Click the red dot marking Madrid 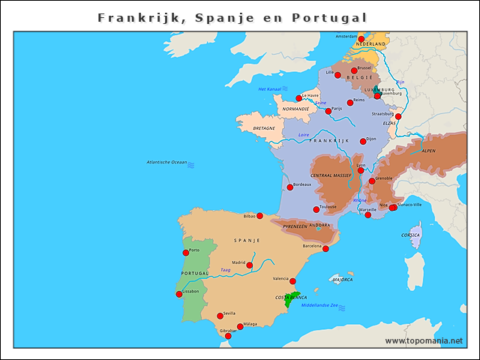[x=250, y=265]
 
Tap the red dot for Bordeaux [x=290, y=187]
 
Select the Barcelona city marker [x=325, y=248]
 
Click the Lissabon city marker [x=178, y=294]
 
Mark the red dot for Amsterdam [x=361, y=38]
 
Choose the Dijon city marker [x=363, y=141]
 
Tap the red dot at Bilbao [x=259, y=216]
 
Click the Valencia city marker [x=292, y=281]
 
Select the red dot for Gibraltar [x=228, y=336]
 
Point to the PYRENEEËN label [x=295, y=225]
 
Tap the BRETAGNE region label [x=264, y=128]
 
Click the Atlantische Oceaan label [x=166, y=163]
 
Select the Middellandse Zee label [x=319, y=305]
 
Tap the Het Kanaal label [x=268, y=89]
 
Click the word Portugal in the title [x=330, y=17]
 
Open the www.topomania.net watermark [x=424, y=340]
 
